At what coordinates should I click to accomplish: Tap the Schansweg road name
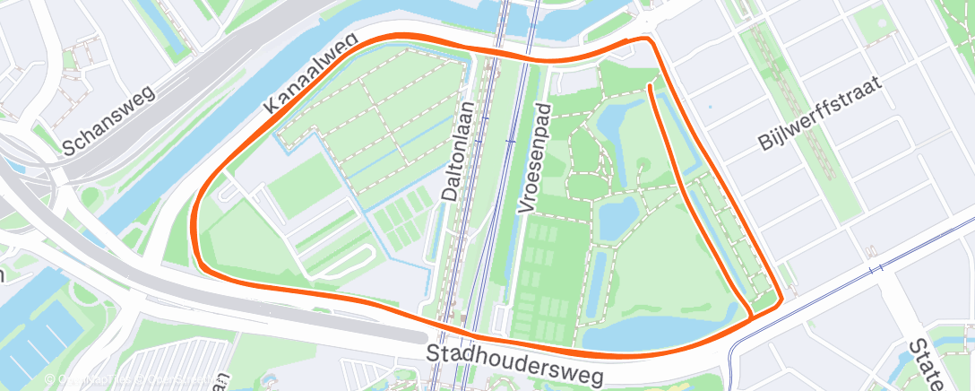tap(108, 122)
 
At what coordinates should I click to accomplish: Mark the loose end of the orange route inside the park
tap(649, 86)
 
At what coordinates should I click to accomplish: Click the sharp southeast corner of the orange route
tap(782, 300)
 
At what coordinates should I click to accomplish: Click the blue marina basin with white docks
tap(36, 332)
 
